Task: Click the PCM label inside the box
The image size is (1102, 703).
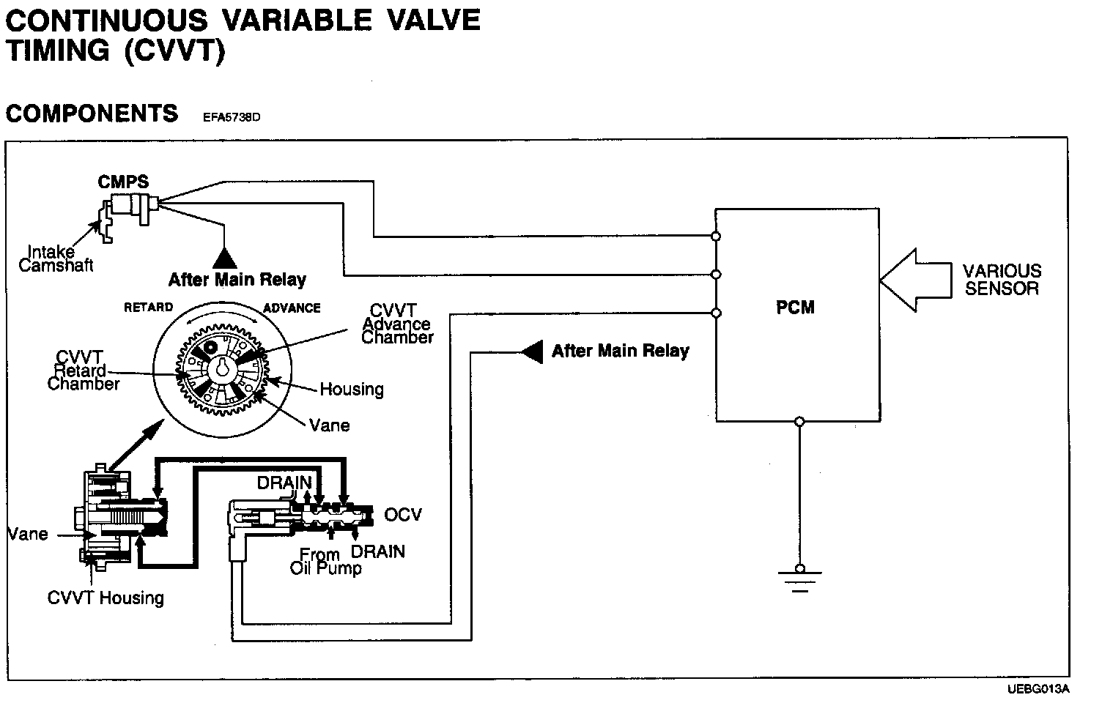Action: (x=795, y=308)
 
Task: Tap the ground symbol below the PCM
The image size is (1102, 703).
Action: (x=799, y=579)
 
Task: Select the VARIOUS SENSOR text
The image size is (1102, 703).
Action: (x=1002, y=280)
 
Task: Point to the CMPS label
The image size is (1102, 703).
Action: (x=123, y=182)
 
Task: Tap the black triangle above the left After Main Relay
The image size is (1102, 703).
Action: (x=223, y=256)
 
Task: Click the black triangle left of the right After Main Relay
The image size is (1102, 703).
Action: (x=532, y=351)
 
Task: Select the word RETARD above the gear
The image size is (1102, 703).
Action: (x=148, y=308)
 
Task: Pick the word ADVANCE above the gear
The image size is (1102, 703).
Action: (x=292, y=308)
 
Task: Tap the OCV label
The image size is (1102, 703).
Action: (x=403, y=515)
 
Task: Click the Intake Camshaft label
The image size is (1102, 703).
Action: (x=56, y=258)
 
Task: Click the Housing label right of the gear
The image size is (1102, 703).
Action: (x=352, y=389)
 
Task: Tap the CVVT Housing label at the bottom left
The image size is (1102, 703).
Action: (x=106, y=598)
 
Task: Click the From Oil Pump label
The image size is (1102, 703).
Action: (x=325, y=561)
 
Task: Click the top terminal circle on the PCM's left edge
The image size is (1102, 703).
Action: (x=716, y=237)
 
